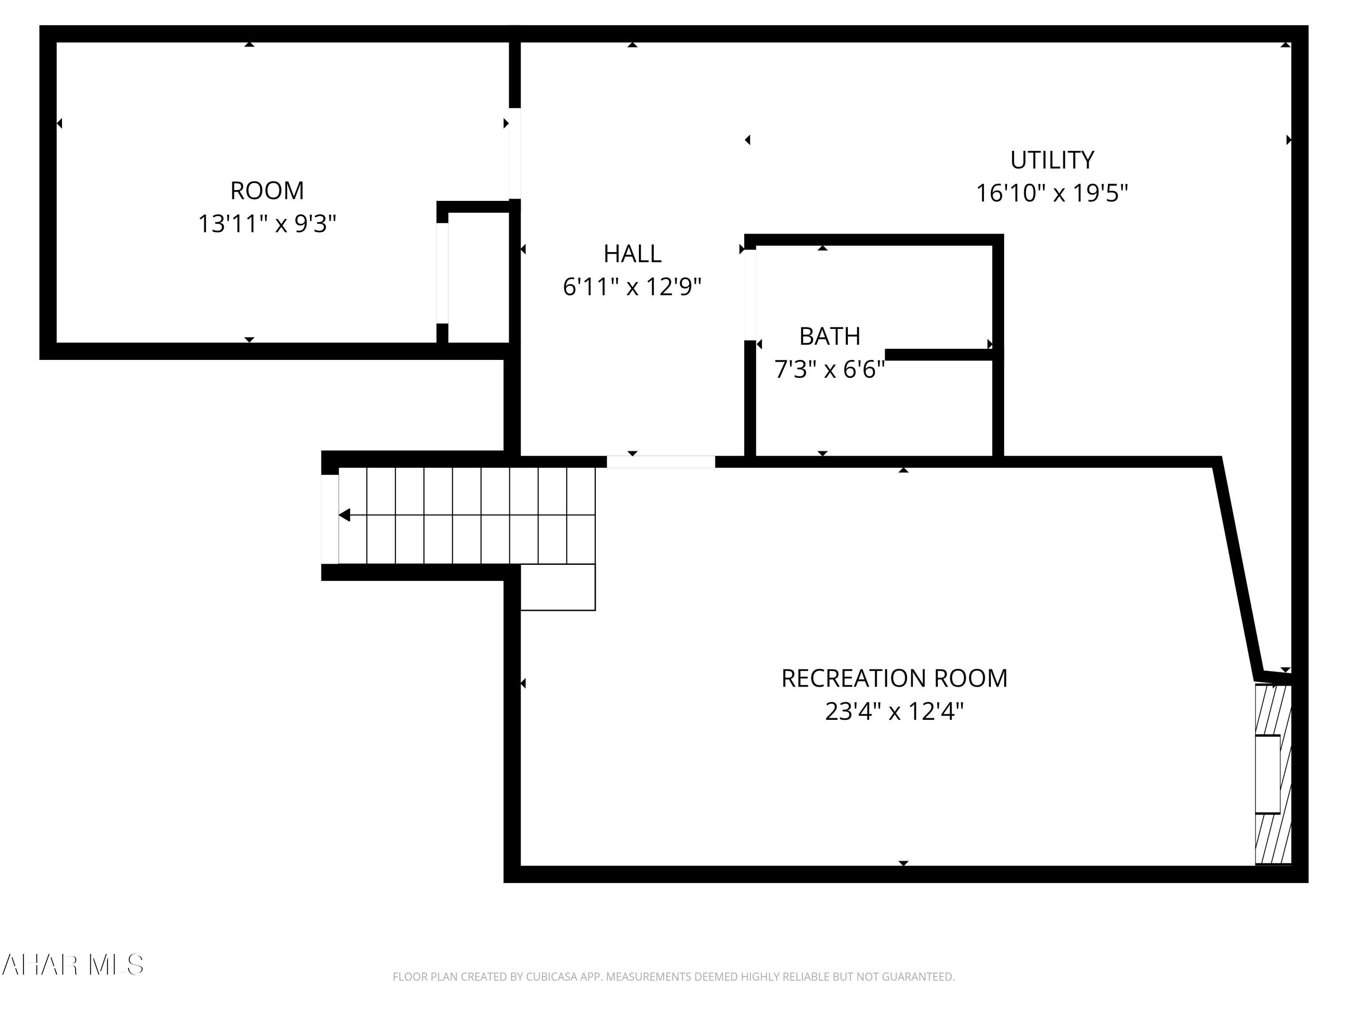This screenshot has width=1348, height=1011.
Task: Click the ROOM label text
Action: pos(266,191)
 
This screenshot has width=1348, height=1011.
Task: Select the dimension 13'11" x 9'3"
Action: pos(266,224)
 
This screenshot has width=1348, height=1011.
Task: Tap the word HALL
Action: pos(632,253)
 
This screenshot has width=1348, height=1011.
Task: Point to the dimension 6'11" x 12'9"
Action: pos(632,286)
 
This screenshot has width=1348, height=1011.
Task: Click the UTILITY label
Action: pos(1052,160)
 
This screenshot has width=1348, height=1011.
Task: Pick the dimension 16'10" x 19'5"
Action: pos(1052,193)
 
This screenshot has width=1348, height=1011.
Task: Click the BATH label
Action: pos(829,336)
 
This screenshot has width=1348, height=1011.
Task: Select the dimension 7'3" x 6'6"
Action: pos(829,369)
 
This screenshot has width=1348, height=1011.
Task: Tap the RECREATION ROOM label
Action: pos(894,678)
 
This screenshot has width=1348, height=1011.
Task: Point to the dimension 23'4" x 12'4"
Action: pos(894,711)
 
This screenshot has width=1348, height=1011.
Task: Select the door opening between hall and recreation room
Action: pos(661,462)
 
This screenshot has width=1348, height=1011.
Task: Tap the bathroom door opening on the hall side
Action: pos(750,294)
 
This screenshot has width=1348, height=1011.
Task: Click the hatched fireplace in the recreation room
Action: pos(1273,774)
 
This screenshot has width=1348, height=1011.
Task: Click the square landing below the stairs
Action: pos(558,587)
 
